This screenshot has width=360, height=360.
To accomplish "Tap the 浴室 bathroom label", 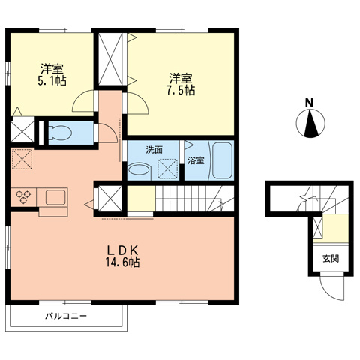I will point(196,160).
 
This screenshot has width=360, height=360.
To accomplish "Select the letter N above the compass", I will point(309,102).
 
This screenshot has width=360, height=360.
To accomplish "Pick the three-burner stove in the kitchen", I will point(23,197).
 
